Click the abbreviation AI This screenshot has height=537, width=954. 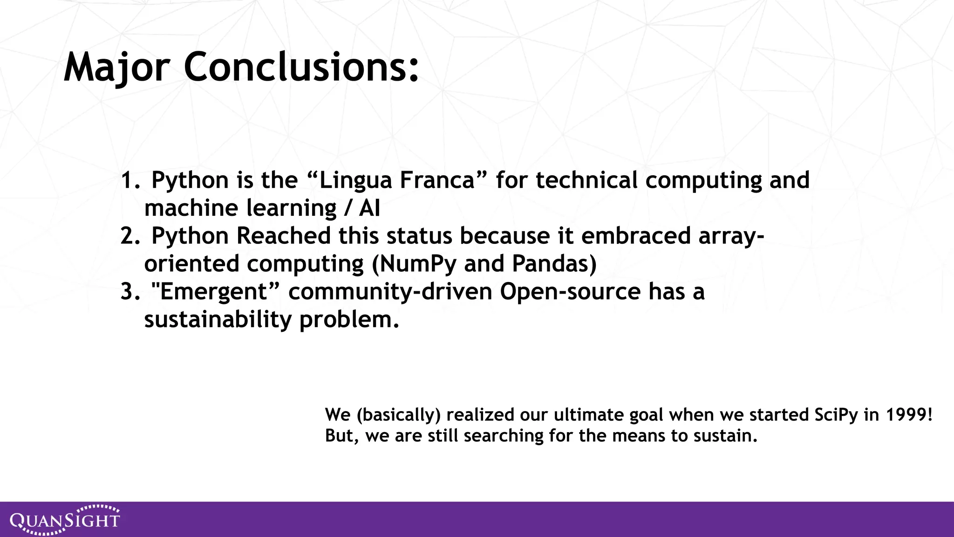pos(369,208)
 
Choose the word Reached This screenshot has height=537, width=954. pos(283,236)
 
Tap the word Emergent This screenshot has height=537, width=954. pos(213,292)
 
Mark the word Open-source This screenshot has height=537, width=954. pos(570,292)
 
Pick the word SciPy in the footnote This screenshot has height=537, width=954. pos(836,415)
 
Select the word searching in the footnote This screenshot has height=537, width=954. pos(503,436)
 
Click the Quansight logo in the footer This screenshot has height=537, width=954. pos(65,519)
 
